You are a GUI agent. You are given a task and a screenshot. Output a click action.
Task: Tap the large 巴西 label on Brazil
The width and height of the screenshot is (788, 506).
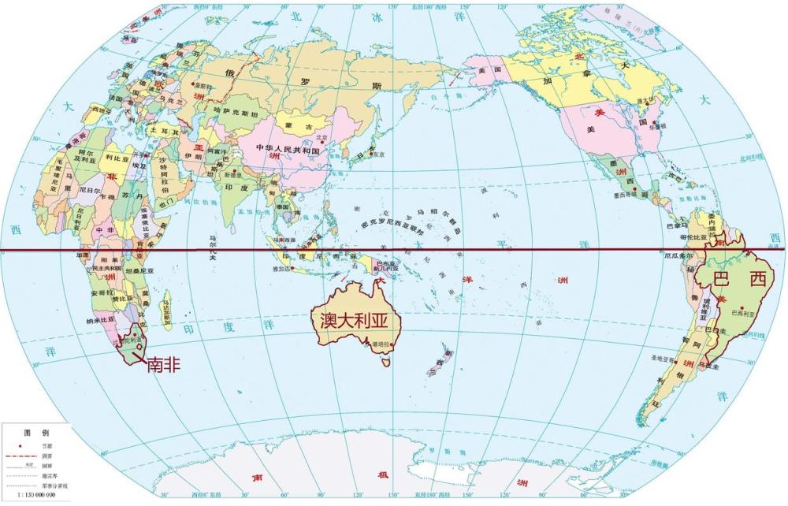(739, 278)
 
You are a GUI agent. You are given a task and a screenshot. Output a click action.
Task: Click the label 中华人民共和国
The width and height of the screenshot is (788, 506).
(287, 149)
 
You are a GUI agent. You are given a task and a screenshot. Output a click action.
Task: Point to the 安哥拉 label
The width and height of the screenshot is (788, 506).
(101, 292)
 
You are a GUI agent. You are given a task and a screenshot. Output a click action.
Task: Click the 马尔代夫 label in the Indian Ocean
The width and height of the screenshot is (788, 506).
(212, 240)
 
